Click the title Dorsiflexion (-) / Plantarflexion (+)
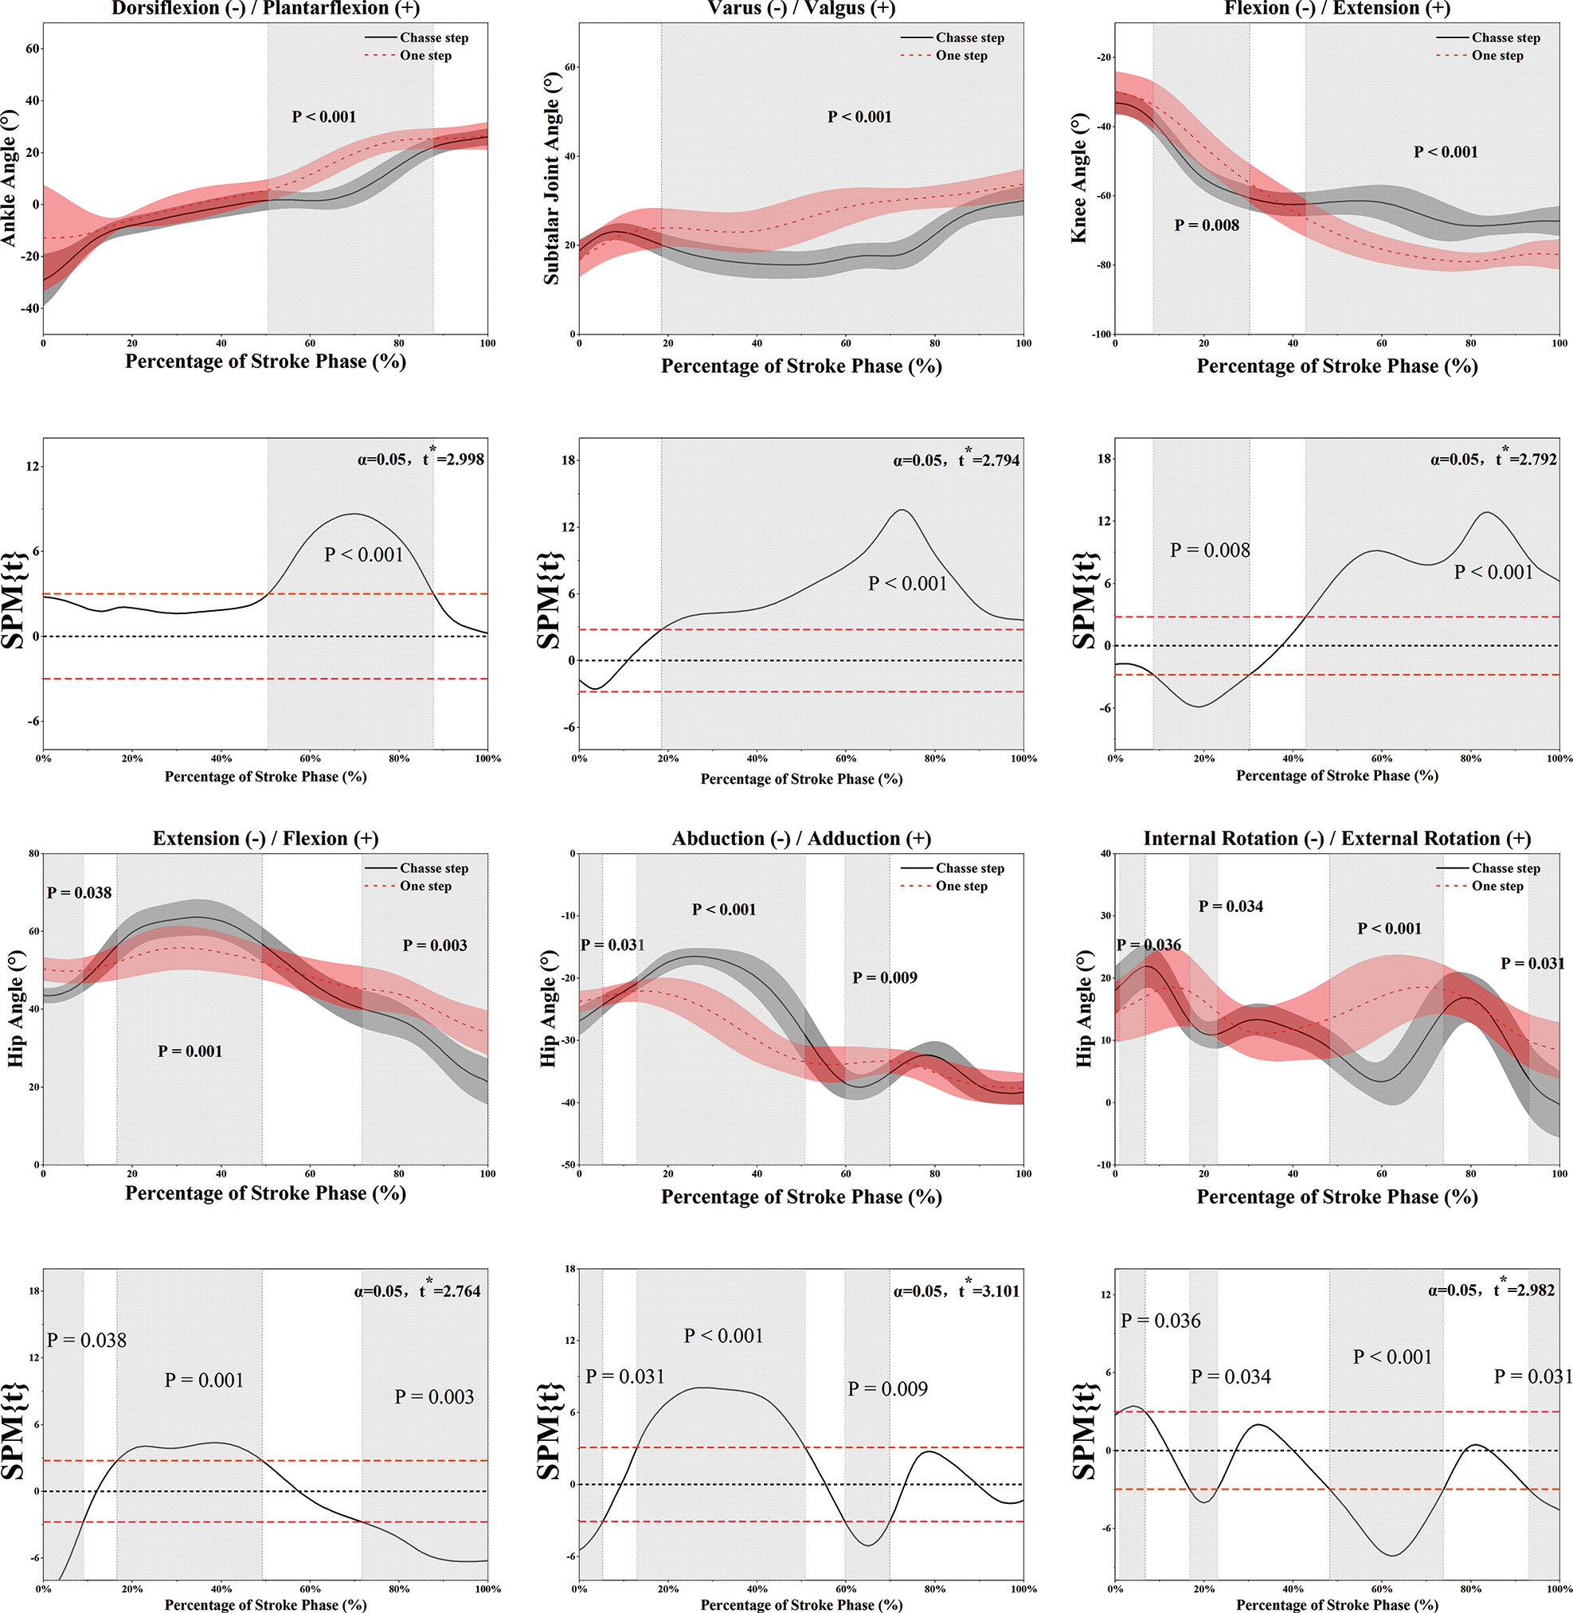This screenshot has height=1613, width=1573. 265,8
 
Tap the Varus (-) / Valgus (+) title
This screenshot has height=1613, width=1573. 800,8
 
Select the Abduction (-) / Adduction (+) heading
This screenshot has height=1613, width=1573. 800,839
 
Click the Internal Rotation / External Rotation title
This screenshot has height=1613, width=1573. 1336,839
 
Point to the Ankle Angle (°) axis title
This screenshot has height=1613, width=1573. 9,178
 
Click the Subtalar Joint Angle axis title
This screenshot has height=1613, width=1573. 551,178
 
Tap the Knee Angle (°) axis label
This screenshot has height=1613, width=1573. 1079,178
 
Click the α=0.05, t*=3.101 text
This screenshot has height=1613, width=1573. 956,1290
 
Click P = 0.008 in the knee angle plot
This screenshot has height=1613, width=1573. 1206,225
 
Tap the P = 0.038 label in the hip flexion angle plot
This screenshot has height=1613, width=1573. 79,892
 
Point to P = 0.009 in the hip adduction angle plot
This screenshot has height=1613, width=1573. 885,977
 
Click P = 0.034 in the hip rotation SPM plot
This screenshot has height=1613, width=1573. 1231,1376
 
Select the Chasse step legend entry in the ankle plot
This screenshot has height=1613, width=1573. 434,38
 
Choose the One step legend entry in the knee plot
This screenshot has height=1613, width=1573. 1497,57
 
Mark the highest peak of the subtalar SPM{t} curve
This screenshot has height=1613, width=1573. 902,510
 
